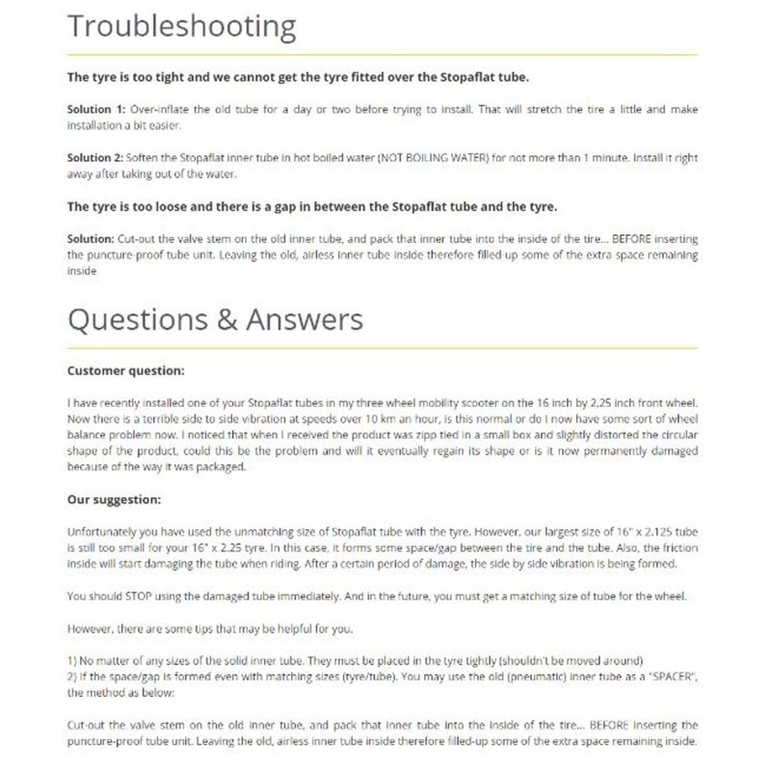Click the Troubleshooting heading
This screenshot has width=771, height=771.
[x=181, y=27]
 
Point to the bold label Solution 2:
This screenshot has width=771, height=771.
[x=95, y=158]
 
